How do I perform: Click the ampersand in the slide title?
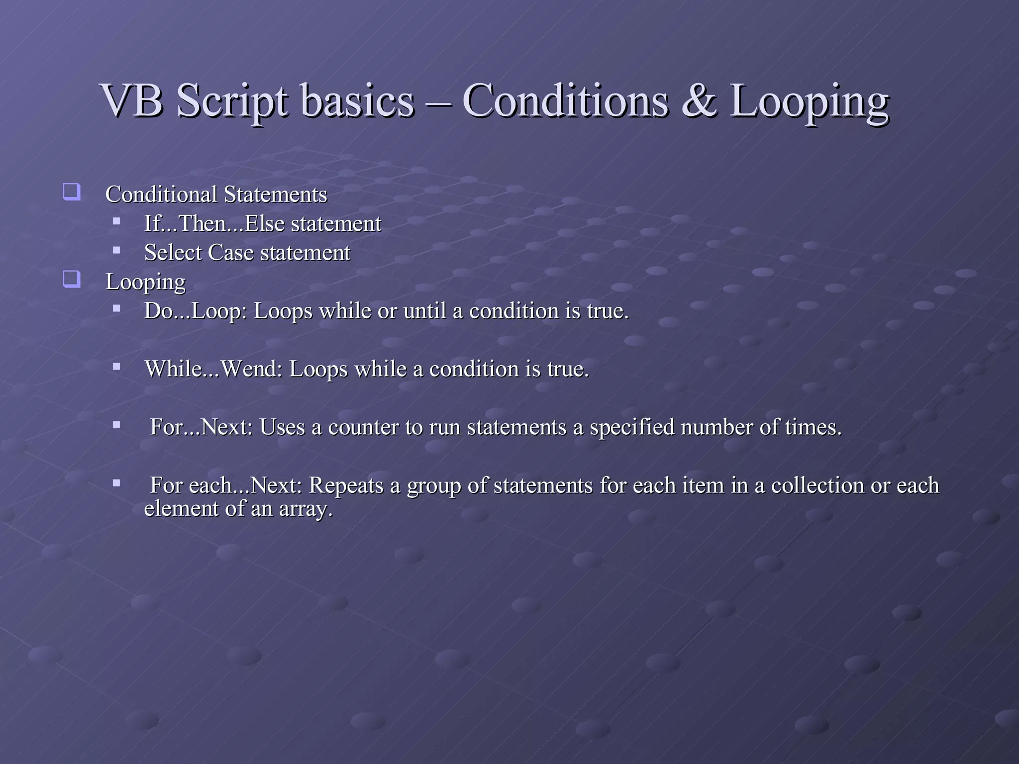tap(700, 101)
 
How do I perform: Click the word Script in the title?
tap(232, 101)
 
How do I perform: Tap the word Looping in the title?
tap(809, 101)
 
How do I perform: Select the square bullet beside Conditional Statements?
tap(72, 192)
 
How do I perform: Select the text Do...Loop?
tap(196, 311)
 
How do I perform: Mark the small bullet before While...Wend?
tap(116, 367)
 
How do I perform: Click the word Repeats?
tap(346, 485)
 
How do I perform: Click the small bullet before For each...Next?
tap(116, 483)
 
